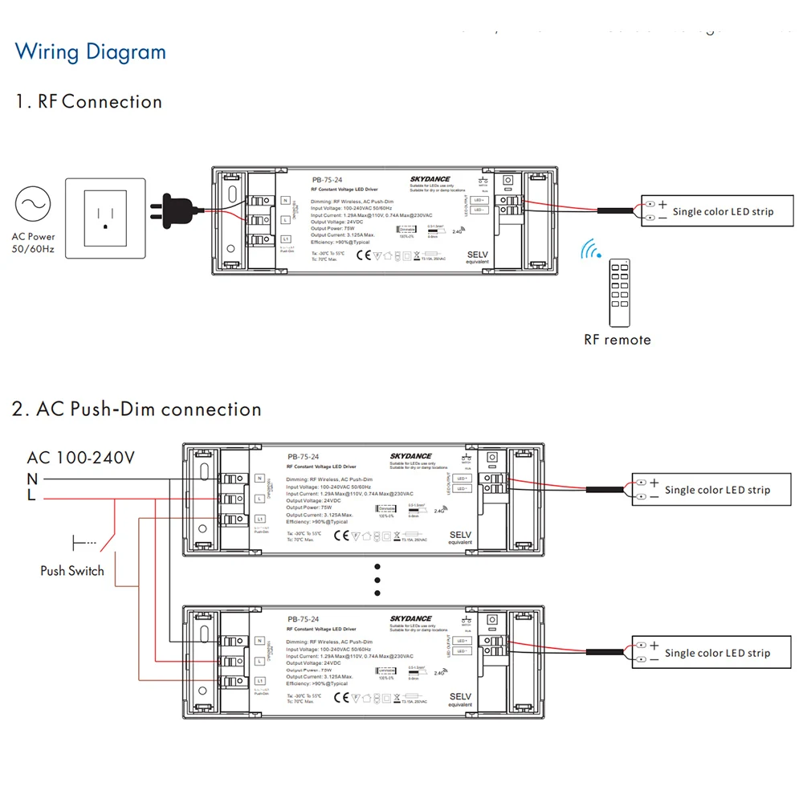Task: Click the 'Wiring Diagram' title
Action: (91, 53)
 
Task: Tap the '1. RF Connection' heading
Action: (88, 102)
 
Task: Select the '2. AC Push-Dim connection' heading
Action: (137, 410)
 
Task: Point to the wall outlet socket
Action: (104, 216)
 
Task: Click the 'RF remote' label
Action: (618, 340)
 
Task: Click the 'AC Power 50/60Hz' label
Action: (33, 243)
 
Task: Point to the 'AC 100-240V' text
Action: (81, 458)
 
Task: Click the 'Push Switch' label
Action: (72, 571)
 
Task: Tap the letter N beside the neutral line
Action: (31, 479)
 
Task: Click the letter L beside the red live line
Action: (31, 496)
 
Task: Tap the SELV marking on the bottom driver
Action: (461, 697)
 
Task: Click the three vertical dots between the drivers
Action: (377, 579)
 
